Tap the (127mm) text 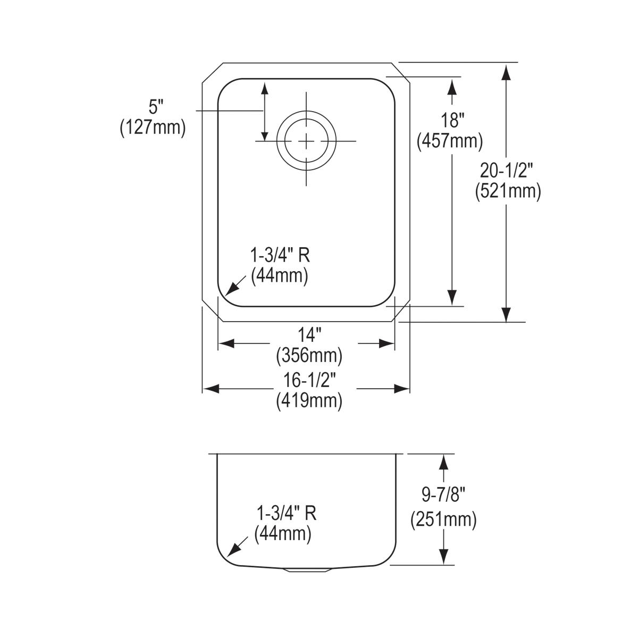click(153, 128)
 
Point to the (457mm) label click(450, 141)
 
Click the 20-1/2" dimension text click(508, 170)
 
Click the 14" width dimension click(309, 335)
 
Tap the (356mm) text click(309, 355)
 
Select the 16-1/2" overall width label click(309, 381)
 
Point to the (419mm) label click(309, 401)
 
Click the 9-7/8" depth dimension click(443, 496)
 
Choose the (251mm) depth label click(443, 519)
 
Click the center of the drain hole click(307, 140)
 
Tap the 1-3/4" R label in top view click(280, 256)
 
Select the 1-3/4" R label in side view click(287, 514)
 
